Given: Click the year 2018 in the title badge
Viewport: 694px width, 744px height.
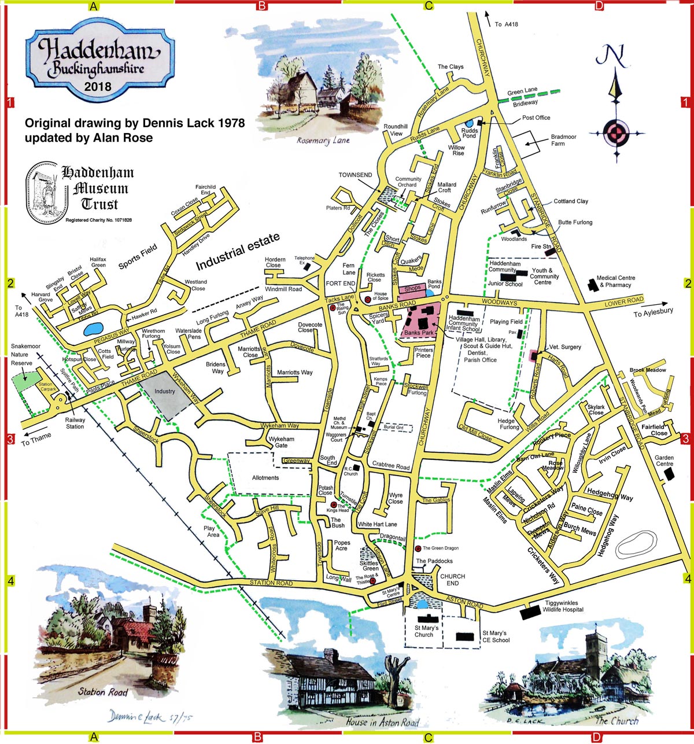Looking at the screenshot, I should [x=98, y=87].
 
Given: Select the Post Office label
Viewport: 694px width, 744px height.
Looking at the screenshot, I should [x=536, y=117].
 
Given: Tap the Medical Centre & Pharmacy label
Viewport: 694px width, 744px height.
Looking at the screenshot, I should [x=615, y=281].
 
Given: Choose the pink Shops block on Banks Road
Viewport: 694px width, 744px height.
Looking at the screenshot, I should [x=412, y=288].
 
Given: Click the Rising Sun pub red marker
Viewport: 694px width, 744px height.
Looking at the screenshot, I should [x=333, y=308].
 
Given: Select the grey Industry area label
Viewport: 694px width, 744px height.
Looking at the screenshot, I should [x=164, y=392].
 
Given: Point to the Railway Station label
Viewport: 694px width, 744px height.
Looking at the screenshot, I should [x=75, y=423].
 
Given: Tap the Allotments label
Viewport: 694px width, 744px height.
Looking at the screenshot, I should [x=265, y=478].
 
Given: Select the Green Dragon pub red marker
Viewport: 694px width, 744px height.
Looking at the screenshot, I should [x=418, y=548].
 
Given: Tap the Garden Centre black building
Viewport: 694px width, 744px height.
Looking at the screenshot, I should [x=669, y=474].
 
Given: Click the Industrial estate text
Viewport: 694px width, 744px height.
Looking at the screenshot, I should [x=238, y=252].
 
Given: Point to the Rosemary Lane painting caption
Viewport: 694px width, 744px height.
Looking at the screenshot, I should [x=323, y=140].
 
